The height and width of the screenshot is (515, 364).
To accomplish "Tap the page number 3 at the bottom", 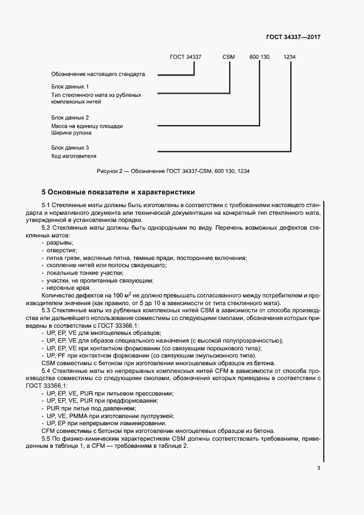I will pos(318,468).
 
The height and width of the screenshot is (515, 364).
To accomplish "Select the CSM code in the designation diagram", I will pos(229,57).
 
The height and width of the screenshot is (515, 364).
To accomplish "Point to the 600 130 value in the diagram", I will pos(259,57).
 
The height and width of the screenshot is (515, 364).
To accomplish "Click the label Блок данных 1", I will pos(70,87).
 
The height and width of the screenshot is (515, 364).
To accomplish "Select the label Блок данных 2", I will pos(70,118).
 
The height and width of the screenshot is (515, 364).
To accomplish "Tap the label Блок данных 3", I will pos(70,148).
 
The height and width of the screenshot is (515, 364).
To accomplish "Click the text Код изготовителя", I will pos(74,156).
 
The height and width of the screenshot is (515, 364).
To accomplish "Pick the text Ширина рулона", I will pos(72,133).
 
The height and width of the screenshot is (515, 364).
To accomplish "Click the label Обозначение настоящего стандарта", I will pos(98,74).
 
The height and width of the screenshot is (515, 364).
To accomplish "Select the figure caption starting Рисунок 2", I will pos(173,171).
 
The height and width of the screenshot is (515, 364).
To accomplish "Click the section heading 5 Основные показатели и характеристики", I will pos(118,192).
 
